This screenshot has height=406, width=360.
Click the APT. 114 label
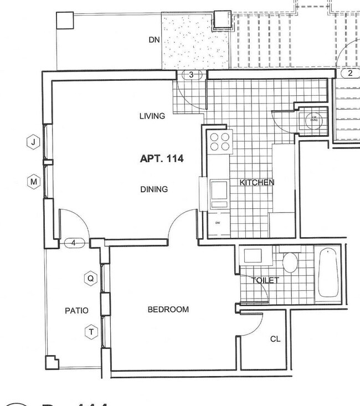161,158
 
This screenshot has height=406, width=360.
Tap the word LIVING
152,116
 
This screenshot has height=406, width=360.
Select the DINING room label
154,189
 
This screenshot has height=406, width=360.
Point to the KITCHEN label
256,182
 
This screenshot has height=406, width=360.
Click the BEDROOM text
168,310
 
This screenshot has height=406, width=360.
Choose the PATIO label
76,311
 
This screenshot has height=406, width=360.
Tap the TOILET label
265,280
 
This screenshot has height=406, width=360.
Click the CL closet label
275,339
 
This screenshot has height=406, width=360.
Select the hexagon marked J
34,142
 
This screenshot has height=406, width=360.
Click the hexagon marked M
34,182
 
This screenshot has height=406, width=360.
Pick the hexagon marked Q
90,278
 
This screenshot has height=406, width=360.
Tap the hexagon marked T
90,332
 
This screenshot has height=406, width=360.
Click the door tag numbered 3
191,75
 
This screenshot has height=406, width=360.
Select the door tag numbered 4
74,243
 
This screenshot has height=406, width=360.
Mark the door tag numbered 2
350,73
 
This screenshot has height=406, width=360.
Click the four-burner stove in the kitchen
219,141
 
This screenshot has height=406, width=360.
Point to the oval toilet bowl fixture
290,262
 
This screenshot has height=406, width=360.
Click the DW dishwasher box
218,223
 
